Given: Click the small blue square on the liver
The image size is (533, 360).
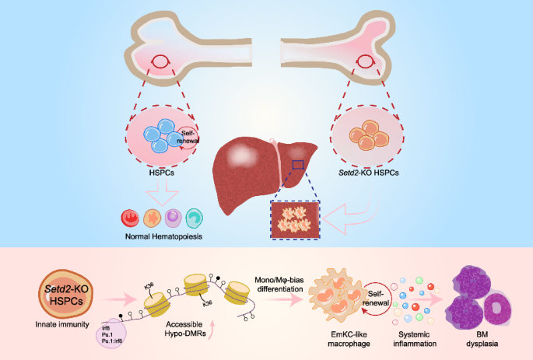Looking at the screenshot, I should [298, 164].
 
